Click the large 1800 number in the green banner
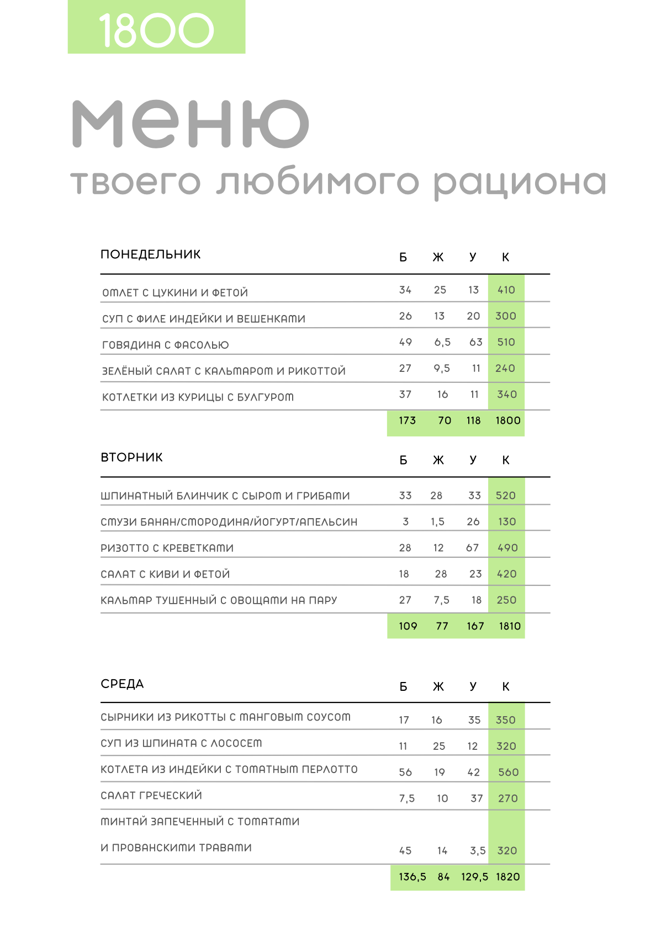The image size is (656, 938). [x=156, y=30]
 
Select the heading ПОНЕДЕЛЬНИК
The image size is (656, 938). [x=150, y=254]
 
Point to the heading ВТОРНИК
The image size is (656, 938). [x=131, y=457]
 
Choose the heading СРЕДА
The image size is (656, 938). [x=122, y=684]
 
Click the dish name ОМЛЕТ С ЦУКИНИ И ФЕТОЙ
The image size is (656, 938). [x=175, y=292]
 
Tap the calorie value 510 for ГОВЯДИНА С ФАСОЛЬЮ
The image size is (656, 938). [x=506, y=342]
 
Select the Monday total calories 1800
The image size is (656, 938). [x=507, y=420]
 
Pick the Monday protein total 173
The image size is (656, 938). [x=407, y=420]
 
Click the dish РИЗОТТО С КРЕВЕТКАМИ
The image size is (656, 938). [x=167, y=548]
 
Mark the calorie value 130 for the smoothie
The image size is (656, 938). [x=506, y=521]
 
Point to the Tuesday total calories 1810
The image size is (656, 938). [x=509, y=626]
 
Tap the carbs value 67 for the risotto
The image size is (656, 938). [x=472, y=548]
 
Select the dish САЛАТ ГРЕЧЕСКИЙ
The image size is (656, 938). [x=151, y=795]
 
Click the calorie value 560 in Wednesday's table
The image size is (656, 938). [x=508, y=772]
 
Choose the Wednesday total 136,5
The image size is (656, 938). [x=412, y=877]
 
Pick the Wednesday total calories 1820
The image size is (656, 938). [x=507, y=877]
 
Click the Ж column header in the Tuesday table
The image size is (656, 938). [x=438, y=460]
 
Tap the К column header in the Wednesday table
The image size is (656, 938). [x=506, y=687]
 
